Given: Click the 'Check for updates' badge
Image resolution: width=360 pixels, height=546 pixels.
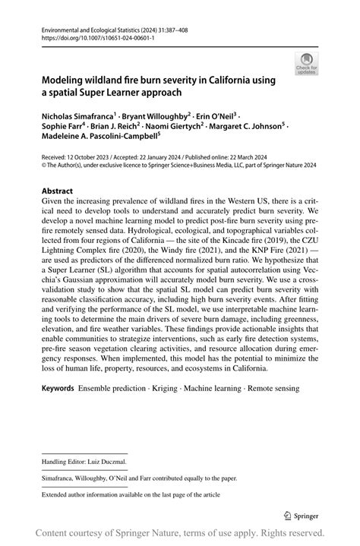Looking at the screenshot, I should pos(308,65).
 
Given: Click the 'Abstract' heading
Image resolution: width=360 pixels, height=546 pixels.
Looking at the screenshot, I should pos(57,191).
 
